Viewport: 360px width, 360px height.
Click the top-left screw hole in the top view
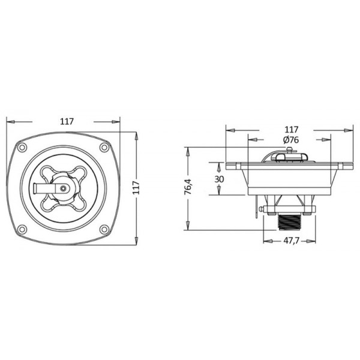click(22, 147)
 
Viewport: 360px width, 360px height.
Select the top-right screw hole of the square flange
click(104, 147)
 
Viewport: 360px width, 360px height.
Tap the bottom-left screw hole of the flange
click(22, 229)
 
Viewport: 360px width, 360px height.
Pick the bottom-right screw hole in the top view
click(104, 229)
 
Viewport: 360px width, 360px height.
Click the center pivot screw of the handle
click(64, 188)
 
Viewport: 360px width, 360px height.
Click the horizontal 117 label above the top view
click(67, 121)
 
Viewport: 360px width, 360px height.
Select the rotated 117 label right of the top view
click(136, 187)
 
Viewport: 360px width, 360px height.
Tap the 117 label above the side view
click(291, 130)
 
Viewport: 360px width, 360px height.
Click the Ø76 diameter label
click(290, 140)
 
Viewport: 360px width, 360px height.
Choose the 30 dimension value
click(219, 179)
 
